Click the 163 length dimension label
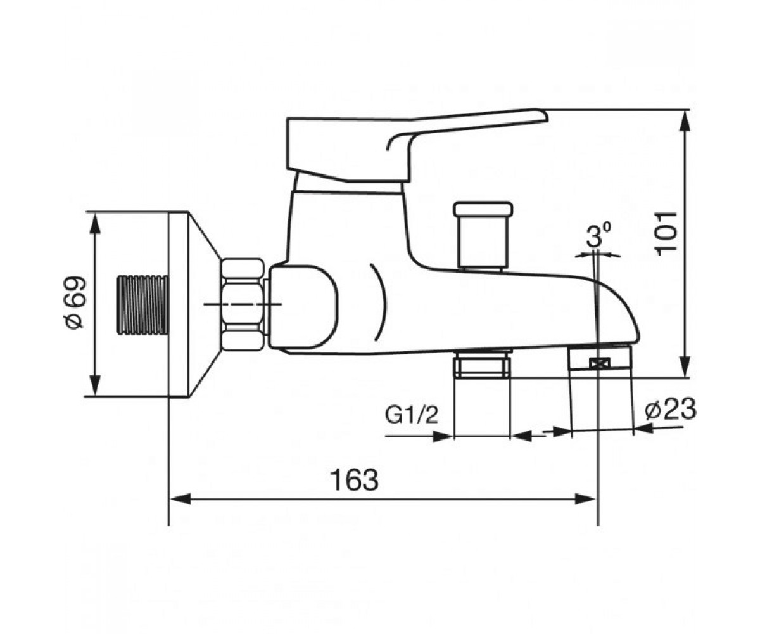pyautogui.click(x=355, y=480)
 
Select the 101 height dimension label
pyautogui.click(x=666, y=232)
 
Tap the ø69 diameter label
pyautogui.click(x=75, y=302)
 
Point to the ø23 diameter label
pyautogui.click(x=670, y=410)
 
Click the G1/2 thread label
pyautogui.click(x=412, y=416)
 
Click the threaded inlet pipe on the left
pyautogui.click(x=142, y=304)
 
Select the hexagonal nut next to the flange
pyautogui.click(x=243, y=304)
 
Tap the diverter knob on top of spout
pyautogui.click(x=483, y=235)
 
